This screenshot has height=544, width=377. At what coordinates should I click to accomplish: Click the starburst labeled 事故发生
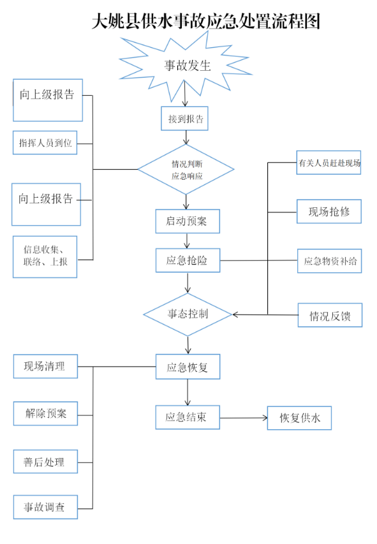click(x=186, y=66)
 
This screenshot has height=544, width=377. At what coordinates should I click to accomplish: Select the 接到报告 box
click(x=185, y=119)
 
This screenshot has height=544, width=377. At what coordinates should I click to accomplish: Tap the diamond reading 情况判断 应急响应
click(x=186, y=169)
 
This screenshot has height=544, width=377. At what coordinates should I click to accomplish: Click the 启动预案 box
click(x=188, y=221)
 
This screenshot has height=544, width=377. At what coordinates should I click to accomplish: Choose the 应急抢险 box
click(x=188, y=260)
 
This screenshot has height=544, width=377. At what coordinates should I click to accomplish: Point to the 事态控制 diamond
click(x=188, y=314)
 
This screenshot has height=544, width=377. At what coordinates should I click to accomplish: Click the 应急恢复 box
click(x=188, y=367)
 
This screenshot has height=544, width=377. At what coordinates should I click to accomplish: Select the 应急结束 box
click(x=188, y=417)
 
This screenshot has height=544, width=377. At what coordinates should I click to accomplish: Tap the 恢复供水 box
click(x=299, y=418)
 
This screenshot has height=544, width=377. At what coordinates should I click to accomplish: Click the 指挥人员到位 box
click(x=45, y=143)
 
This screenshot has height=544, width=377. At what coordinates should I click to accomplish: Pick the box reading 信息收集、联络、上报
click(x=45, y=257)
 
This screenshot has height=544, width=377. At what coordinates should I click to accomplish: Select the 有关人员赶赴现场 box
click(x=329, y=163)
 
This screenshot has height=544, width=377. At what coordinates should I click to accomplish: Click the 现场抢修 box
click(x=329, y=211)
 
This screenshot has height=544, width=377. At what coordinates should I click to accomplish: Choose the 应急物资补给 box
click(x=330, y=261)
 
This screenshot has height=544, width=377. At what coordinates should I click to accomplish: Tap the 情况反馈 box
click(x=330, y=315)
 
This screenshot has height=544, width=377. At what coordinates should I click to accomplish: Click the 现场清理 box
click(x=45, y=366)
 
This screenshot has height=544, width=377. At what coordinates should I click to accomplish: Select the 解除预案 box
click(x=45, y=413)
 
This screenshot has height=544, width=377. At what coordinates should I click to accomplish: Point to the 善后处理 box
click(x=45, y=462)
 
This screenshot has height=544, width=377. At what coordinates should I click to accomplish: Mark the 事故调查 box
click(x=45, y=507)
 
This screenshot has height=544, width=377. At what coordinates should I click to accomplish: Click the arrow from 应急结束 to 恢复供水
click(x=244, y=418)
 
